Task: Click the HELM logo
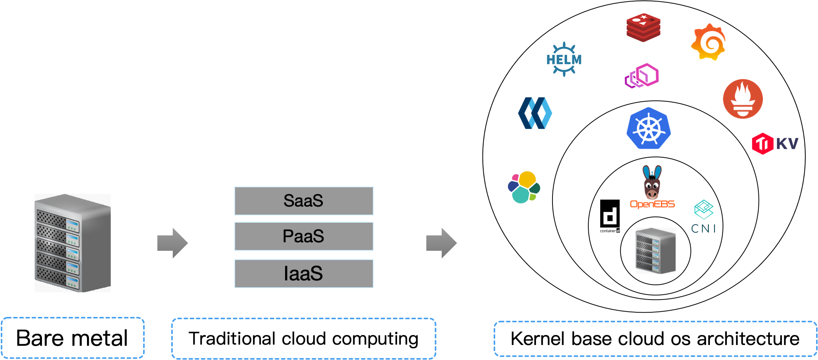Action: click(x=564, y=59)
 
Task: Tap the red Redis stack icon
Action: click(x=643, y=27)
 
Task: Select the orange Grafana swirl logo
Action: click(x=708, y=42)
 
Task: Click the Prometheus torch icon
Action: click(x=743, y=99)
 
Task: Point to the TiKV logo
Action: click(x=775, y=144)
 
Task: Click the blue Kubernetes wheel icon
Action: click(x=649, y=128)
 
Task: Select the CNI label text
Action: click(x=703, y=228)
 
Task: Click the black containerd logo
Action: click(x=610, y=216)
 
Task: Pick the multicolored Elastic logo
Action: click(x=524, y=187)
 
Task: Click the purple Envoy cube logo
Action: click(x=641, y=76)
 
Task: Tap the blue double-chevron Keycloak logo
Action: click(x=535, y=113)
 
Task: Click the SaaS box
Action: click(x=304, y=201)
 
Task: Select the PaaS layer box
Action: click(x=304, y=236)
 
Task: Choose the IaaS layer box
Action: click(x=304, y=273)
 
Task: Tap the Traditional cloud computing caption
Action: click(x=304, y=339)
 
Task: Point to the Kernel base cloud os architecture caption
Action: click(x=655, y=339)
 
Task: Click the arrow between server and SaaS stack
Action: click(x=172, y=243)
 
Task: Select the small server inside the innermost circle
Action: click(x=656, y=250)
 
